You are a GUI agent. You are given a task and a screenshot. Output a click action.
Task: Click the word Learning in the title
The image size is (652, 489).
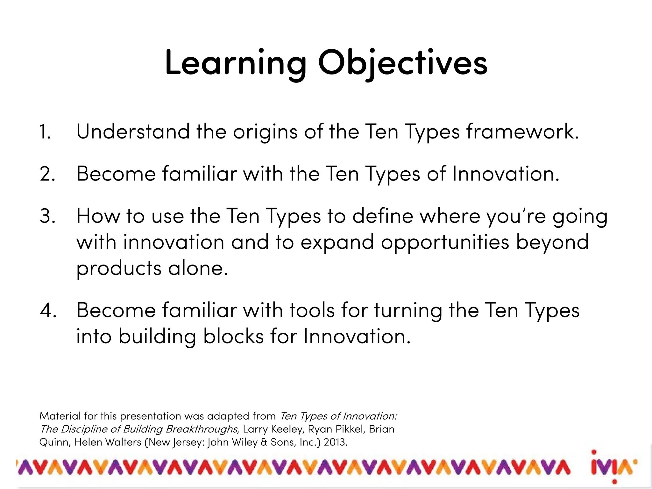[235, 64]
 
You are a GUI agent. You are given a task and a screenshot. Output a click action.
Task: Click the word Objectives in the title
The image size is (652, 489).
[403, 64]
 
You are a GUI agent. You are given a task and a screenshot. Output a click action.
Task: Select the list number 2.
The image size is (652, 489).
[47, 174]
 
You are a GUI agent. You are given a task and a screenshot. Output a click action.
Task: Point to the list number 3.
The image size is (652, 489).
[47, 216]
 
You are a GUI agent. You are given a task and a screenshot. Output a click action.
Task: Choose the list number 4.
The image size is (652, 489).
[48, 310]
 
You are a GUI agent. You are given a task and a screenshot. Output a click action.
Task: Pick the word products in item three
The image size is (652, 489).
[119, 269]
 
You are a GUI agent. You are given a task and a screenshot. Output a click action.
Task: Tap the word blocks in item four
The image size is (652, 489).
[233, 336]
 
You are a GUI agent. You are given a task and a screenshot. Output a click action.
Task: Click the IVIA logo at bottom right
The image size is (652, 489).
[614, 467]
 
